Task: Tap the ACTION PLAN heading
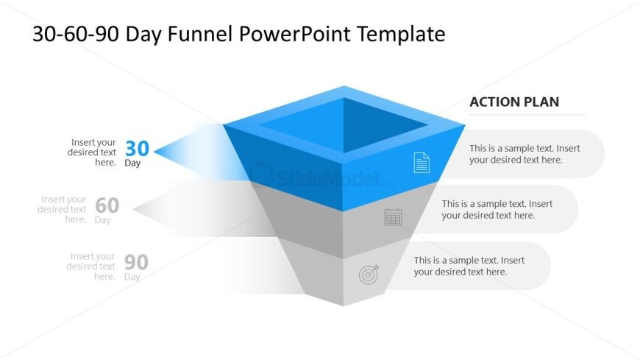[x=514, y=102]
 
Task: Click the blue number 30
[x=137, y=148]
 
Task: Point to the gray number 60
[x=107, y=205]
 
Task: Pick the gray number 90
[x=136, y=262]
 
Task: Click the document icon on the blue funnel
[x=422, y=163]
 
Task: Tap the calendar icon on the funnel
[x=393, y=216]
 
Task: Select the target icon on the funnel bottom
[x=369, y=274]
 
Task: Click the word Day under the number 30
[x=132, y=163]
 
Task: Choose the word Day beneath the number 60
[x=102, y=220]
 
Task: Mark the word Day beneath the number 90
[x=132, y=277]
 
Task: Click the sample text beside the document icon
[x=525, y=154]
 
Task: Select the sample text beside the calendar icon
[x=497, y=210]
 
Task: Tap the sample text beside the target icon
[x=469, y=266]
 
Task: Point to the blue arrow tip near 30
[x=154, y=152]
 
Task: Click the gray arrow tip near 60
[x=133, y=209]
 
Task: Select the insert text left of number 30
[x=92, y=152]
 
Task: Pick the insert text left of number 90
[x=91, y=267]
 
